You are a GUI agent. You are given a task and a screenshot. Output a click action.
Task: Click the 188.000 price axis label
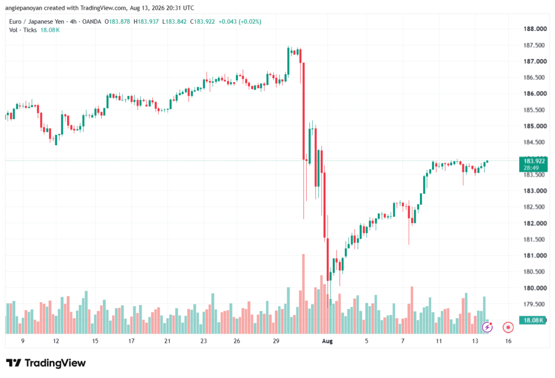click(535, 29)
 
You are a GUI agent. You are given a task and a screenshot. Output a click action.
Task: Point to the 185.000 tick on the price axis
click(535, 126)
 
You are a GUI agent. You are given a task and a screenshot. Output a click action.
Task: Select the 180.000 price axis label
click(535, 288)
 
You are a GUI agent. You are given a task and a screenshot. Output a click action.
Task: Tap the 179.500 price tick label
click(535, 304)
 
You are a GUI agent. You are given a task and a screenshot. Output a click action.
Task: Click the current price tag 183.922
click(534, 161)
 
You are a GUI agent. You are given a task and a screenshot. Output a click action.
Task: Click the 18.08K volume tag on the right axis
click(533, 321)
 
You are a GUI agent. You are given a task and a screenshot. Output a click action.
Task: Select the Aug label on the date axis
click(327, 341)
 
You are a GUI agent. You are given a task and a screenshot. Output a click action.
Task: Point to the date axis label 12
click(56, 341)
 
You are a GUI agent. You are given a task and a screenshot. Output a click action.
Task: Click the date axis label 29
click(276, 341)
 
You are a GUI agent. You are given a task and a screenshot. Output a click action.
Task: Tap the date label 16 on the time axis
click(508, 341)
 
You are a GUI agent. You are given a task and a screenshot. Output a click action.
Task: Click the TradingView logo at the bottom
click(46, 363)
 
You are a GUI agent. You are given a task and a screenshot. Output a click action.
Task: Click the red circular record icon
click(508, 328)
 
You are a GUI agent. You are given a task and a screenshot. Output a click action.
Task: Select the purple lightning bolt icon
click(487, 328)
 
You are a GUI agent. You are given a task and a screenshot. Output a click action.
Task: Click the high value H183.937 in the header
click(146, 22)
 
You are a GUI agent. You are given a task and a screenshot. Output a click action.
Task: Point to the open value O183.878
click(117, 22)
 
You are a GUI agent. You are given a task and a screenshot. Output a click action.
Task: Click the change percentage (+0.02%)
click(250, 22)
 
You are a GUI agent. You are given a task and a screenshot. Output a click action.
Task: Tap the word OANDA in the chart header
click(92, 22)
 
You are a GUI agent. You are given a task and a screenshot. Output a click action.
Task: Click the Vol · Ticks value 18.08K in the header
click(50, 30)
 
